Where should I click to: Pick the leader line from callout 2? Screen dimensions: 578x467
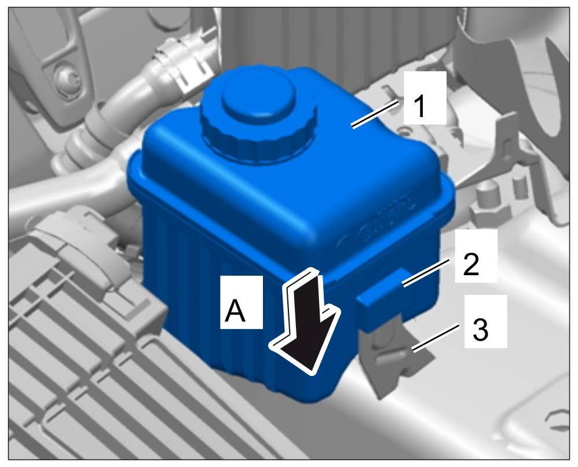(x=427, y=273)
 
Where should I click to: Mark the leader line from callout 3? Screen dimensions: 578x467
(x=436, y=337)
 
